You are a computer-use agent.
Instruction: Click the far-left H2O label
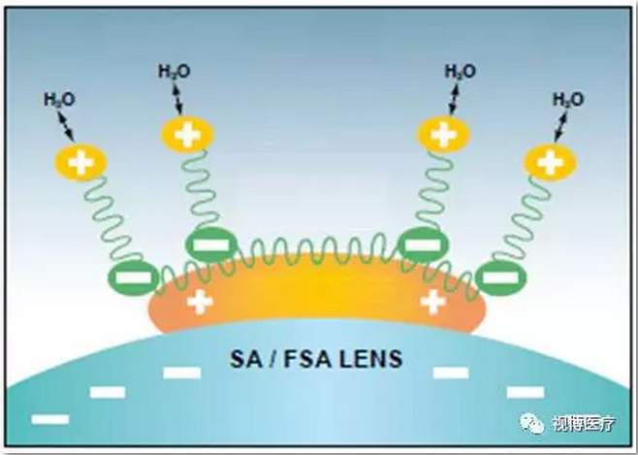(60, 100)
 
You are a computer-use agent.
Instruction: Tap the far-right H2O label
(567, 100)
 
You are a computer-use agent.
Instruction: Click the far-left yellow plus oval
(80, 161)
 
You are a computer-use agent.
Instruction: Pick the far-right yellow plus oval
(550, 161)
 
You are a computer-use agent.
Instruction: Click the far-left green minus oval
(133, 278)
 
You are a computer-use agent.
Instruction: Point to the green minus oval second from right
(422, 243)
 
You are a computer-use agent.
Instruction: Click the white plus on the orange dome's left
(200, 300)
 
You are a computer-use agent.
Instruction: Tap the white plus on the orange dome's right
(432, 300)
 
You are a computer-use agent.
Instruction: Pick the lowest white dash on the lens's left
(50, 418)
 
